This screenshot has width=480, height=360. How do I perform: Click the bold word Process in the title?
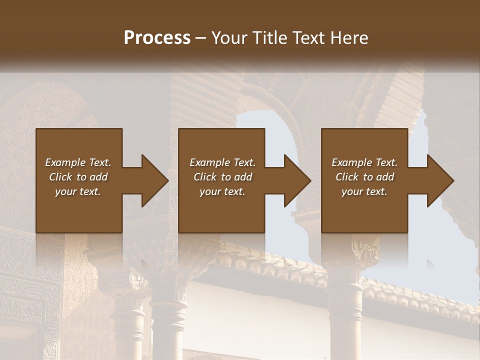[157, 38]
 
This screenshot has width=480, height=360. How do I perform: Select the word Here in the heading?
[349, 38]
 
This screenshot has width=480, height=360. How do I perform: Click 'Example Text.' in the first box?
[78, 162]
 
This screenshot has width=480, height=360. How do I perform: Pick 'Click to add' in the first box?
[78, 177]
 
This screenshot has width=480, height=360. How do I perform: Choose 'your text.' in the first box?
[78, 191]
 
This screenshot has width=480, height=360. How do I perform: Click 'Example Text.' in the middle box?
[222, 162]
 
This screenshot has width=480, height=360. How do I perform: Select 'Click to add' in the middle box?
[222, 177]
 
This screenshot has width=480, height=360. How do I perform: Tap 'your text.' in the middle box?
[222, 191]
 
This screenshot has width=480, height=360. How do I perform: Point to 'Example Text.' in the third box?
[364, 162]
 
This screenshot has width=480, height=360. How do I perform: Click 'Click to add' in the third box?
[364, 177]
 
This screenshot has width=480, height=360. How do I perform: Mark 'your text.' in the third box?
[364, 191]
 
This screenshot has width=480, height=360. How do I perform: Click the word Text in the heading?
[308, 38]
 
